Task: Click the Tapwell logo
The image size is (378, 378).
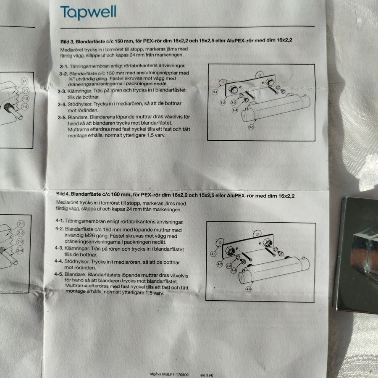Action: pos(88,12)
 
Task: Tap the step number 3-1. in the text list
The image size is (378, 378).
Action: pos(64,66)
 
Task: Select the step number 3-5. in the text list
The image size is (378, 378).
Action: pos(62,118)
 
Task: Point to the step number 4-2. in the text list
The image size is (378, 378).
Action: pos(59,228)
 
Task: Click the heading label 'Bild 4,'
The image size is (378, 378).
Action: pos(63,194)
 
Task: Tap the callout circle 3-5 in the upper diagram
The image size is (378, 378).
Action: pos(251,127)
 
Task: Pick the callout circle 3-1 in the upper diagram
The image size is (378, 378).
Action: pos(215,92)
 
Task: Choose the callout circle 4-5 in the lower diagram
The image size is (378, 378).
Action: pos(248,289)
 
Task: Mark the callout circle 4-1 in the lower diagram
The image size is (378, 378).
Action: pos(213,254)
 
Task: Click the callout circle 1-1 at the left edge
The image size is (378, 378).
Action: pos(25,81)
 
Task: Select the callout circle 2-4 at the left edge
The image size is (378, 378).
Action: pos(20,251)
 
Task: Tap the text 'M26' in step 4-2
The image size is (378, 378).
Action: pos(90,236)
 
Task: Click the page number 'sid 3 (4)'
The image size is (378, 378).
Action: pos(207,375)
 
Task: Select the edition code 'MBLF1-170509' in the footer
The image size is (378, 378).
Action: pos(175,374)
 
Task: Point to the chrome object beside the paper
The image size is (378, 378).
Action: pos(357,255)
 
